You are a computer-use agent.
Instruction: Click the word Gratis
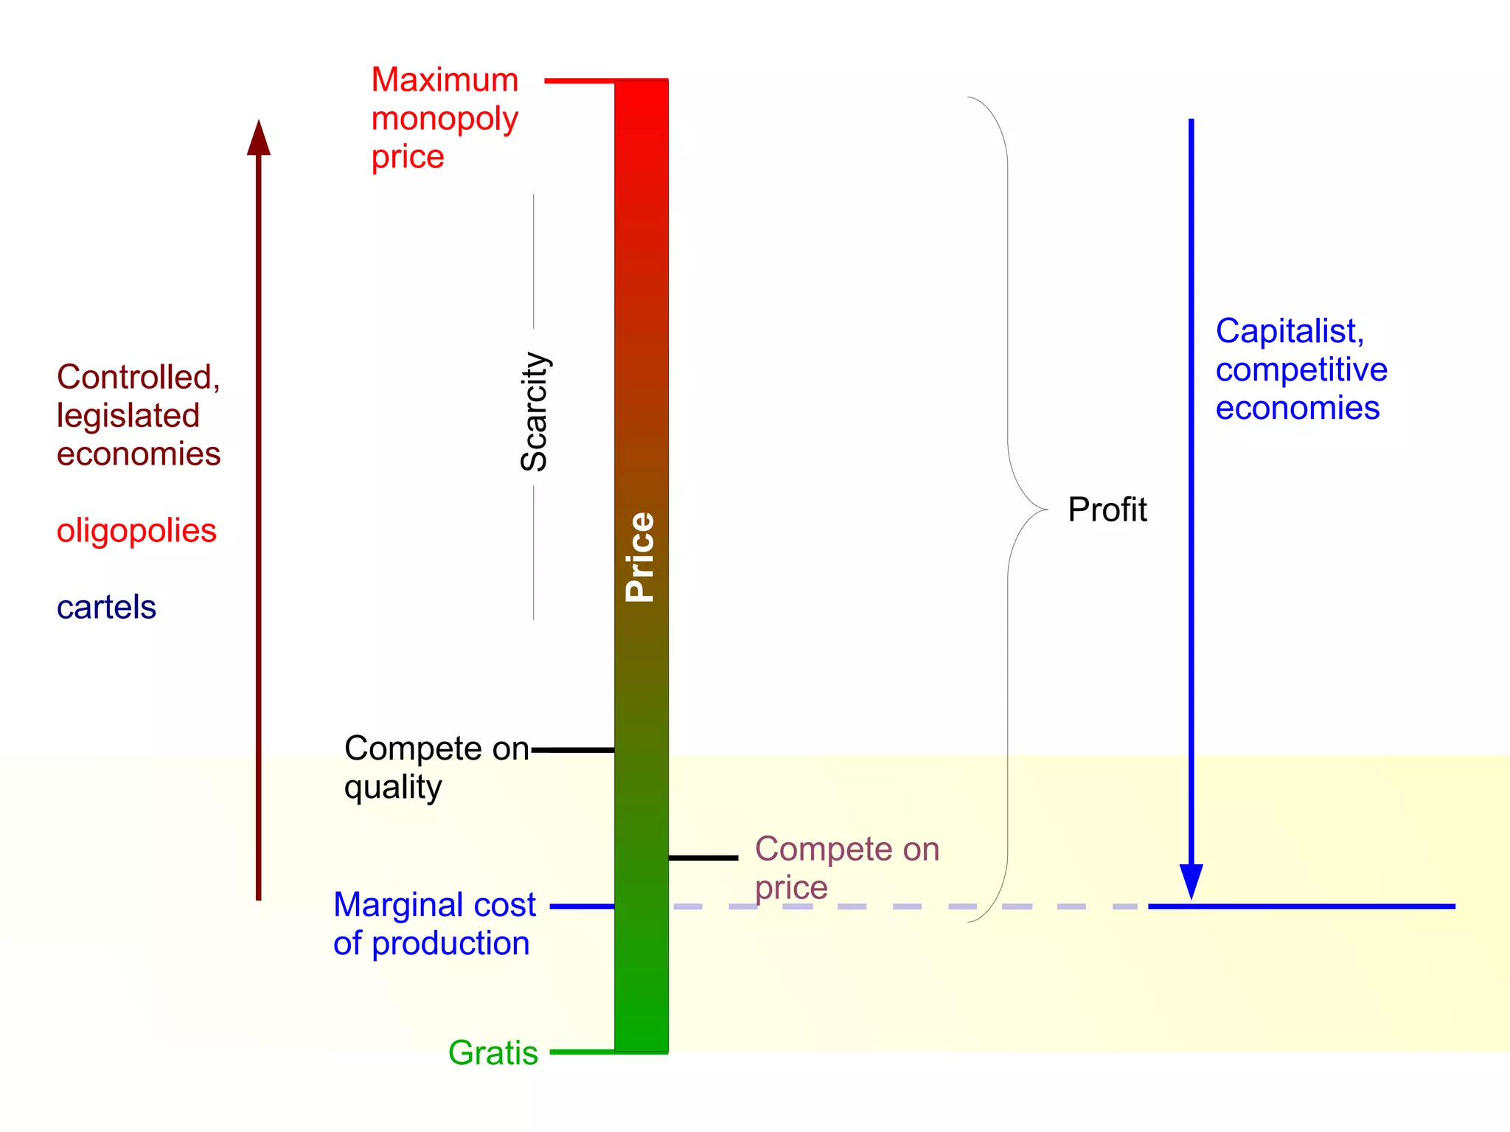coord(493,1052)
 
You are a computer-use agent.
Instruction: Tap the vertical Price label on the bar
coord(639,557)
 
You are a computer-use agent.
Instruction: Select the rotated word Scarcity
coord(535,412)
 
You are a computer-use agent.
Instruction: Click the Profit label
coord(1107,510)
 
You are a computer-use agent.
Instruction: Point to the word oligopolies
coord(136,531)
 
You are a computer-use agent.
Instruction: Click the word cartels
coord(106,608)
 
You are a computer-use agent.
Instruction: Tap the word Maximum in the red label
coord(445,80)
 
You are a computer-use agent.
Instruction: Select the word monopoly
coord(445,119)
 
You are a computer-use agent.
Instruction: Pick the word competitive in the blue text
coord(1301,369)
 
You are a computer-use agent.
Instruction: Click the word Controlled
coord(138,377)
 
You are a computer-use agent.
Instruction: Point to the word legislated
coord(128,416)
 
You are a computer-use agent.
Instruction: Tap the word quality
coord(393,788)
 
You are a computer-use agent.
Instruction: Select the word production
coord(450,944)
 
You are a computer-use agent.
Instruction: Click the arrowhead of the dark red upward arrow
coord(259,139)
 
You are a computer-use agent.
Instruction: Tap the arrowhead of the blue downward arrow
coord(1191,881)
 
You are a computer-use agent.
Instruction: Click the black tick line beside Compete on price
coord(703,858)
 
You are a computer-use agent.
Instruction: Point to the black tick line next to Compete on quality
coord(573,750)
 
